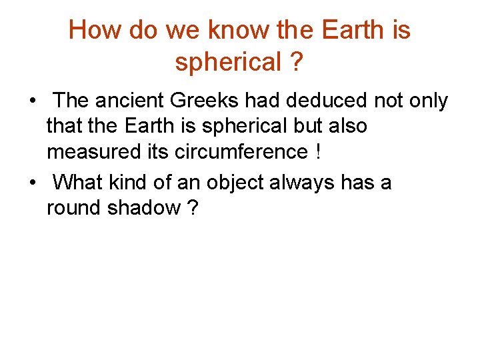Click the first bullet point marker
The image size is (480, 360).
click(32, 102)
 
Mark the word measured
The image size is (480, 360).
click(87, 152)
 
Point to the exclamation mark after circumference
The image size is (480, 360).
click(319, 152)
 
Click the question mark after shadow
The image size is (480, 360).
click(193, 208)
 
